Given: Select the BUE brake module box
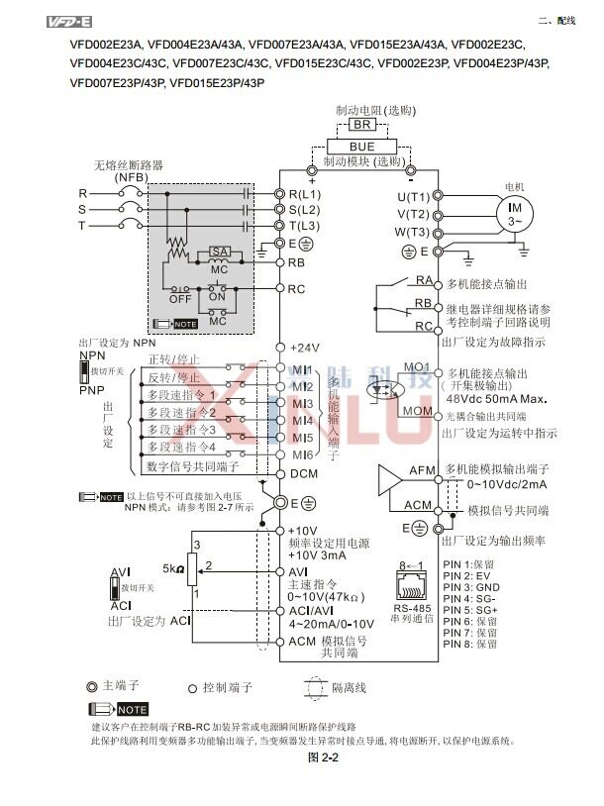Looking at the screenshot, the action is (361, 145).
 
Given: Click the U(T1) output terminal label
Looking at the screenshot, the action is (414, 196).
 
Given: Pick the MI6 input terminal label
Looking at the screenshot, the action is (302, 454).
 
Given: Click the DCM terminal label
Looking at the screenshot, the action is (303, 474).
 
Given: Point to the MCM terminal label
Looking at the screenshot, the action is (417, 410).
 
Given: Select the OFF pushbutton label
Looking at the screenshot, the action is (180, 297).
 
